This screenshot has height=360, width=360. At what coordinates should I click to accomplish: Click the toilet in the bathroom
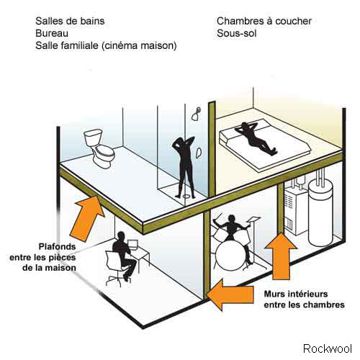[99, 148]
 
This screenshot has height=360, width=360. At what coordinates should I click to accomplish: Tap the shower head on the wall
[196, 114]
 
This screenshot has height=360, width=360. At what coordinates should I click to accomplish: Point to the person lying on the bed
[256, 138]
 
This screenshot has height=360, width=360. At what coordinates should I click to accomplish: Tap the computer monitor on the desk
[133, 245]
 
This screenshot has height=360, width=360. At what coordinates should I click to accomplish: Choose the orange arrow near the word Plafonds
[89, 218]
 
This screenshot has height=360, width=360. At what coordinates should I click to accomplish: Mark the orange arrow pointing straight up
[281, 256]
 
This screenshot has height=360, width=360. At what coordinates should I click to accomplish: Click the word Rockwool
[328, 348]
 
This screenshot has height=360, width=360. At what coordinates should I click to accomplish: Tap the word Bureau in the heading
[52, 33]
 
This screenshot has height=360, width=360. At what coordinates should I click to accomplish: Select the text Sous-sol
[237, 33]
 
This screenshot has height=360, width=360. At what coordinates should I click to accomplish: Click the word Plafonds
[58, 246]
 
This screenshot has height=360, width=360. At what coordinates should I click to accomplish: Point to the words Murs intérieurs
[296, 294]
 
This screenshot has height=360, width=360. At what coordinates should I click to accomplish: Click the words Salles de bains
[70, 21]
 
